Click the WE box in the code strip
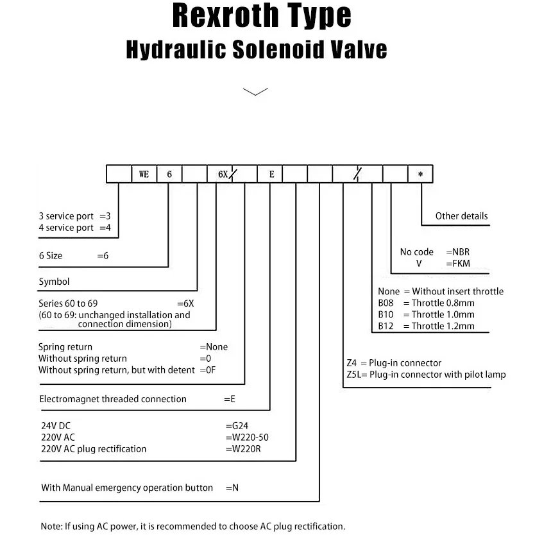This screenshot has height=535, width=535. [144, 174]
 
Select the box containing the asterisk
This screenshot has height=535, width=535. [420, 174]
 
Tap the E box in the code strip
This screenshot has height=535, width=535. [271, 174]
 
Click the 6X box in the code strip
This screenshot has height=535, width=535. [220, 174]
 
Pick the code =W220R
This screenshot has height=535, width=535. [243, 448]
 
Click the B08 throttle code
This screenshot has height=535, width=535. [386, 303]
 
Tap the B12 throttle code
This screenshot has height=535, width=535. [386, 326]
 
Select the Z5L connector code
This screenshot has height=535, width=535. [354, 375]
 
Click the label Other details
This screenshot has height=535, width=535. [461, 216]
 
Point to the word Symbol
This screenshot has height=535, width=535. [54, 282]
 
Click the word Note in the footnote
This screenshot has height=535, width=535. [51, 526]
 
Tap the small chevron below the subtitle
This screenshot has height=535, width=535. [255, 92]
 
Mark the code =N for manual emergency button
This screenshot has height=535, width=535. [232, 488]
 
